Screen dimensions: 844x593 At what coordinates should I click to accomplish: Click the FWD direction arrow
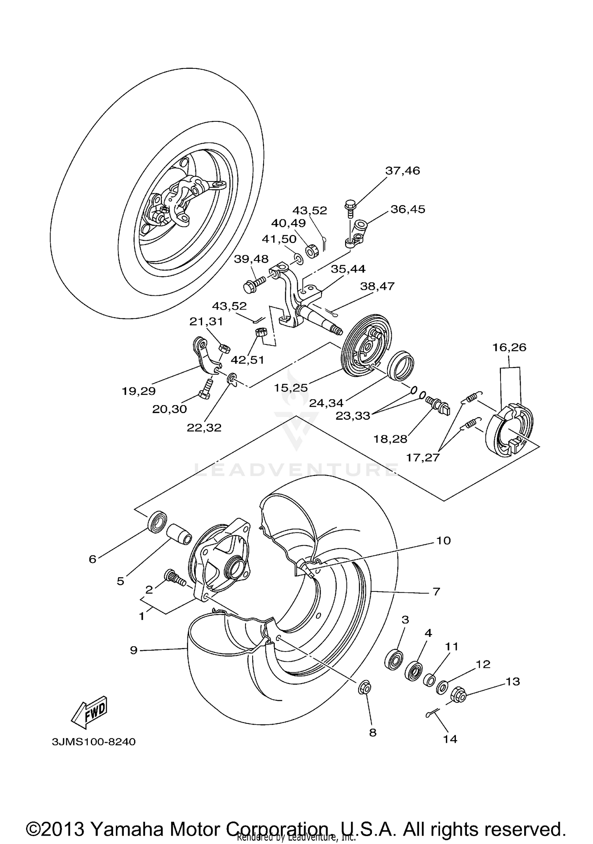click(x=89, y=712)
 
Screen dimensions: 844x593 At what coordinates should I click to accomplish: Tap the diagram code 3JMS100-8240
click(x=93, y=742)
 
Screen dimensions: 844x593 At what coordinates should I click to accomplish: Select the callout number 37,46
click(x=402, y=171)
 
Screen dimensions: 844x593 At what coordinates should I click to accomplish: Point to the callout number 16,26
click(x=509, y=347)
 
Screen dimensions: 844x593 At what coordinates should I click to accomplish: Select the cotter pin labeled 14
click(x=434, y=712)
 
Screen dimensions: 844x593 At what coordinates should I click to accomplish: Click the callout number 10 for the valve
click(x=444, y=540)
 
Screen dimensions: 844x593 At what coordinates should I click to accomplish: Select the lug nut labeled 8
click(x=365, y=688)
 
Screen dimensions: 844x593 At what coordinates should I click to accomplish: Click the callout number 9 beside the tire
click(x=134, y=650)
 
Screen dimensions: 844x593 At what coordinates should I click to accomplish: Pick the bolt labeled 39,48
click(x=254, y=284)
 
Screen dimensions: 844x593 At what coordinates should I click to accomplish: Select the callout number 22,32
click(x=204, y=427)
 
